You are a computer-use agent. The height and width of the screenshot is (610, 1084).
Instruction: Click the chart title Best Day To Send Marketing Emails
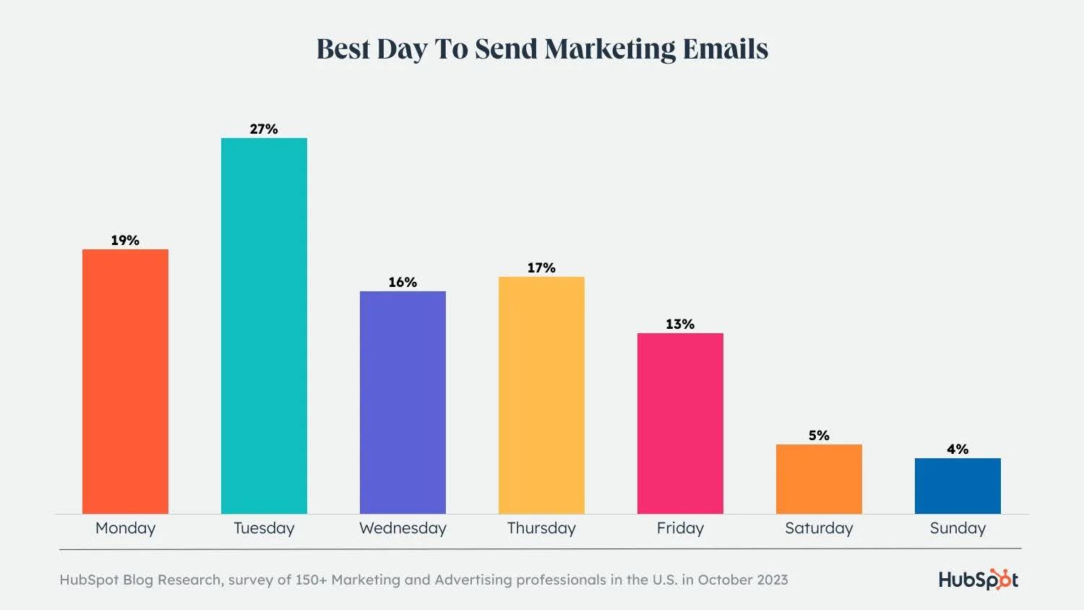pyautogui.click(x=542, y=49)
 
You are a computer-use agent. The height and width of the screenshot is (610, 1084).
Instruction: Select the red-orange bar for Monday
pyautogui.click(x=125, y=382)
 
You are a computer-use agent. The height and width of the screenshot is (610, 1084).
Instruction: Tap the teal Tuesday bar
pyautogui.click(x=264, y=326)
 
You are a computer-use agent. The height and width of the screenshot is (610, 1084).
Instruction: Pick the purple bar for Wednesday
pyautogui.click(x=403, y=403)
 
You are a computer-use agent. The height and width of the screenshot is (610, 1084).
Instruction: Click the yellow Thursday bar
pyautogui.click(x=541, y=395)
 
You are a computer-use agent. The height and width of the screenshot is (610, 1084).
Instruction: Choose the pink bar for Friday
pyautogui.click(x=680, y=424)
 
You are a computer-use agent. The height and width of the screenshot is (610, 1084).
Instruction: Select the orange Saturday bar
pyautogui.click(x=819, y=479)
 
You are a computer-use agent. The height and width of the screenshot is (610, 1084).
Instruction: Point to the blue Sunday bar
pyautogui.click(x=958, y=486)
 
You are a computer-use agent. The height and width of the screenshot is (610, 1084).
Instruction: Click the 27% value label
pyautogui.click(x=264, y=129)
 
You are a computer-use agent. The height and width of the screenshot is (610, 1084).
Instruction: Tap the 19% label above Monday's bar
pyautogui.click(x=125, y=241)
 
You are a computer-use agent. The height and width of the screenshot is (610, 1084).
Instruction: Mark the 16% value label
pyautogui.click(x=403, y=283)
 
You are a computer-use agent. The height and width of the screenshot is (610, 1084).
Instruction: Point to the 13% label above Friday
pyautogui.click(x=680, y=325)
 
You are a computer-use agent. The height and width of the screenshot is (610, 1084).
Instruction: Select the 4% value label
pyautogui.click(x=958, y=450)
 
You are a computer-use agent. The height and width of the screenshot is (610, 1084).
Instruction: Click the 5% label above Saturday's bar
pyautogui.click(x=819, y=436)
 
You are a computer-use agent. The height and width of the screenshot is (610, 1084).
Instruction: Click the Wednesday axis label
pyautogui.click(x=403, y=528)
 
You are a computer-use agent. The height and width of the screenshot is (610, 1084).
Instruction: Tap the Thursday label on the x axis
pyautogui.click(x=541, y=528)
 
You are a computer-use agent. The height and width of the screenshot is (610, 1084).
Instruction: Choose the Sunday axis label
pyautogui.click(x=958, y=528)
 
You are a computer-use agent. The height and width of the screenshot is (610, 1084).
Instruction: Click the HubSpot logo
pyautogui.click(x=978, y=580)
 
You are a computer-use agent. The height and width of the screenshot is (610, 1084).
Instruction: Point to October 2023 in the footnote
pyautogui.click(x=743, y=580)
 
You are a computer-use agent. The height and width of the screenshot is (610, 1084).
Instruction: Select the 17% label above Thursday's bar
pyautogui.click(x=541, y=268)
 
